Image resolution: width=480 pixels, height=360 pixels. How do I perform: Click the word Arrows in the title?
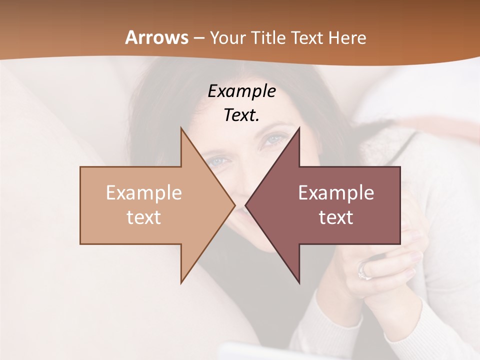point(156,37)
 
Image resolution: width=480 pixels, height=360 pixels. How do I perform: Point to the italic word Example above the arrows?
point(241,91)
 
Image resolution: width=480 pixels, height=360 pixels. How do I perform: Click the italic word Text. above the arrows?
point(241,115)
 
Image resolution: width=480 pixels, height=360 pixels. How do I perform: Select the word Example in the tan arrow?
point(144,193)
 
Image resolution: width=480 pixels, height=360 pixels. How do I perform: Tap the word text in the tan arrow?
point(144,217)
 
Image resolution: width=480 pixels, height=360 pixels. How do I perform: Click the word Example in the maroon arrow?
point(336,193)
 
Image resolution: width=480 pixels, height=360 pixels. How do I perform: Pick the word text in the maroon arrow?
point(336,217)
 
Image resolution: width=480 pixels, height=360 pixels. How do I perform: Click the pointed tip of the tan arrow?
point(234,205)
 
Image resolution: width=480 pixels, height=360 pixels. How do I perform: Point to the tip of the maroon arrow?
point(246,205)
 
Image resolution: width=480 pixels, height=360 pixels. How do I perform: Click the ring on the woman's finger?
point(363,271)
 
